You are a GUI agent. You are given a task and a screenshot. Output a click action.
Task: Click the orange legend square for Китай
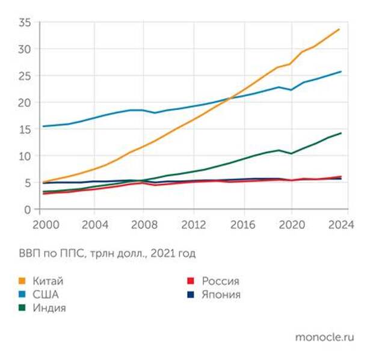pyautogui.click(x=23, y=281)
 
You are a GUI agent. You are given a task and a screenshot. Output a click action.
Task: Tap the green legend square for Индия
pyautogui.click(x=23, y=308)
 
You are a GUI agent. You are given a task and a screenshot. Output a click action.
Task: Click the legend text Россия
pyautogui.click(x=220, y=281)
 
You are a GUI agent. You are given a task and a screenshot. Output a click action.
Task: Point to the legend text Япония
pyautogui.click(x=221, y=294)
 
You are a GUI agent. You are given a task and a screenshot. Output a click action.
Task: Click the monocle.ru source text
pyautogui.click(x=324, y=337)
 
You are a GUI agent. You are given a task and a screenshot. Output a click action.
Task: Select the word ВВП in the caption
pyautogui.click(x=28, y=254)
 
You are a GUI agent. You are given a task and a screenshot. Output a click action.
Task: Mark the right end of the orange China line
pyautogui.click(x=340, y=29)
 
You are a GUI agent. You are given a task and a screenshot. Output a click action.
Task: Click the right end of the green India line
pyautogui.click(x=341, y=133)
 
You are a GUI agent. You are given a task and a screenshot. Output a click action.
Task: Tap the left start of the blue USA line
pyautogui.click(x=43, y=126)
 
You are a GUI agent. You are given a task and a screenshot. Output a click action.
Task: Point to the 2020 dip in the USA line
pyautogui.click(x=291, y=90)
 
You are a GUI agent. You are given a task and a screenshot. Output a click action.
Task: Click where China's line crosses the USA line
pyautogui.click(x=231, y=98)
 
